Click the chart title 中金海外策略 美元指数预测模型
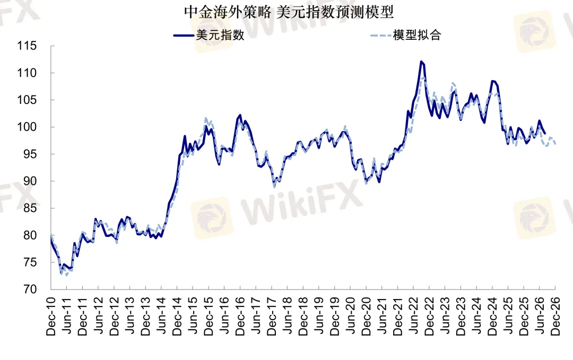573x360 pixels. pos(289,12)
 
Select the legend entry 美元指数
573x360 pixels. pos(220,35)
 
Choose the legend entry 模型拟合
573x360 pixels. pos(417,35)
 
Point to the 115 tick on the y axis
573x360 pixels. pos(27,46)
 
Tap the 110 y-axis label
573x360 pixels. pos(27,73)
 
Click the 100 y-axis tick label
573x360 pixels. pos(27,127)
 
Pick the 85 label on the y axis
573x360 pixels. pos(30,208)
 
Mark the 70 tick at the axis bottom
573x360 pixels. pos(30,289)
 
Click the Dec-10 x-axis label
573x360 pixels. pos(51,316)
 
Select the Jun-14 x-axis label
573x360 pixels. pos(161,316)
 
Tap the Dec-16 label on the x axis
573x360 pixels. pos(240,316)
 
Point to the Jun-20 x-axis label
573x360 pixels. pos(351,316)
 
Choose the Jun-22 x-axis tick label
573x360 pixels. pos(414,316)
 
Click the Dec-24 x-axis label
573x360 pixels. pos(492,316)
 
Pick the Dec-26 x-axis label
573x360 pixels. pos(555,316)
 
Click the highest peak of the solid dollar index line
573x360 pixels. pos(421,62)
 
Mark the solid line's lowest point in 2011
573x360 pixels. pos(62,273)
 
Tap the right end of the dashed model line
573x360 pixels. pos(555,144)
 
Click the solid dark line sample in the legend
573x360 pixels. pos(184,36)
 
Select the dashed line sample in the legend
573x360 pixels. pos(381,36)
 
